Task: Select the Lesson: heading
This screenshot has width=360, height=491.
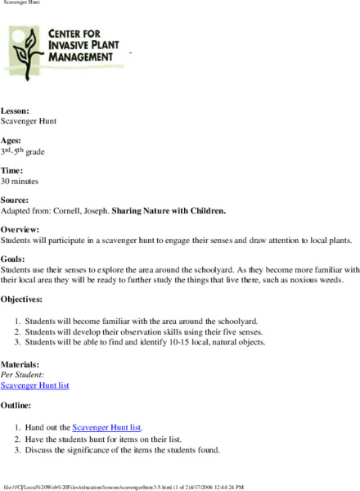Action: pyautogui.click(x=16, y=110)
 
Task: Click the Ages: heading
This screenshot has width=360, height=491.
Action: pyautogui.click(x=13, y=140)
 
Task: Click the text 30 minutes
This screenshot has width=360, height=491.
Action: pyautogui.click(x=20, y=181)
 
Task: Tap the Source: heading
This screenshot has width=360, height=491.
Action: pyautogui.click(x=16, y=200)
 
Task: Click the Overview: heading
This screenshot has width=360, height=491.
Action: pyautogui.click(x=21, y=229)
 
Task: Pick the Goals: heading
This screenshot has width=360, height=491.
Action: pyautogui.click(x=14, y=259)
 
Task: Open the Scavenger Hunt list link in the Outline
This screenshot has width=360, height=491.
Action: pyautogui.click(x=107, y=427)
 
